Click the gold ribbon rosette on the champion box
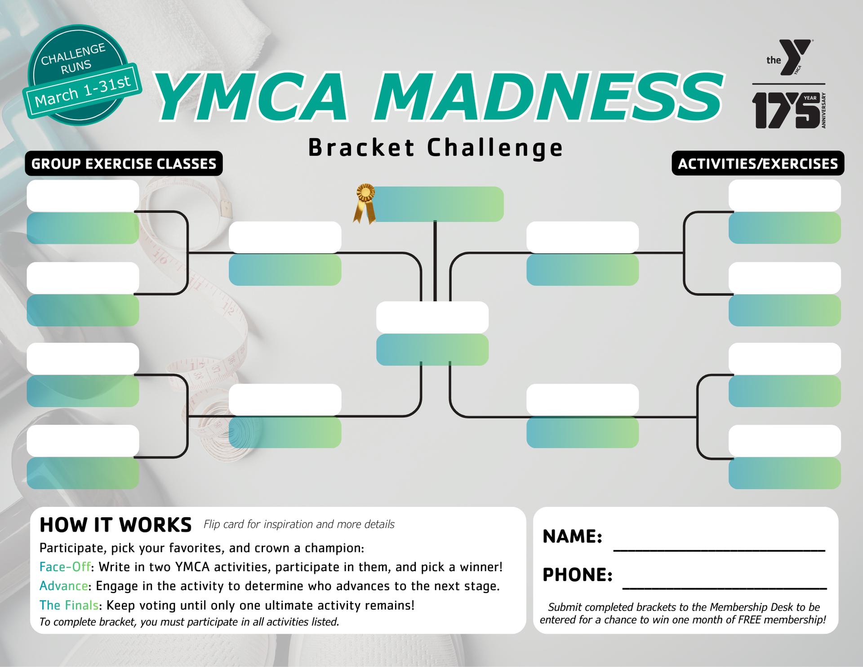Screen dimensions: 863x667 tap(365, 203)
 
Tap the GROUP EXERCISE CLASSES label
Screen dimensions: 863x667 tap(124, 163)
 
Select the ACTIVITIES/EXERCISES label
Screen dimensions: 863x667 tap(758, 163)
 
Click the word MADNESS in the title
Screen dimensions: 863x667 tap(549, 97)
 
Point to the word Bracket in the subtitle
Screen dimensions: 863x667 tap(361, 148)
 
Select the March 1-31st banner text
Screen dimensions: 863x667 tap(83, 91)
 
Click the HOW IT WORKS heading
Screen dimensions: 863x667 tap(116, 525)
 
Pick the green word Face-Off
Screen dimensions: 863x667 tap(65, 567)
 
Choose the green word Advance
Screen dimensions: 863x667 tap(64, 586)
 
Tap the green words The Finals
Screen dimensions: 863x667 tap(69, 605)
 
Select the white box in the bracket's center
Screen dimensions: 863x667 tap(432, 317)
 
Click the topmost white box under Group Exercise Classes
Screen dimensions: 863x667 tap(83, 196)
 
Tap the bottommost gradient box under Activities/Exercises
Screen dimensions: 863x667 tap(785, 473)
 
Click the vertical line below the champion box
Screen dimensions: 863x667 tap(435, 261)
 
